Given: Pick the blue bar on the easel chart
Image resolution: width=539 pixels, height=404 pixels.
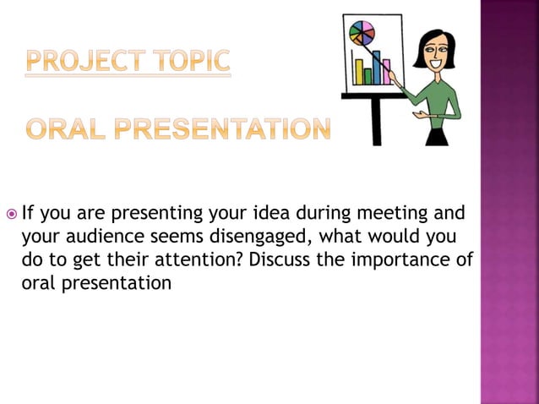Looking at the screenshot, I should pos(377,68).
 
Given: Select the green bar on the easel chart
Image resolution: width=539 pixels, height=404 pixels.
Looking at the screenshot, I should pos(367,76).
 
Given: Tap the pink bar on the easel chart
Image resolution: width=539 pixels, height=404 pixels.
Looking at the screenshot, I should pos(385,73).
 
